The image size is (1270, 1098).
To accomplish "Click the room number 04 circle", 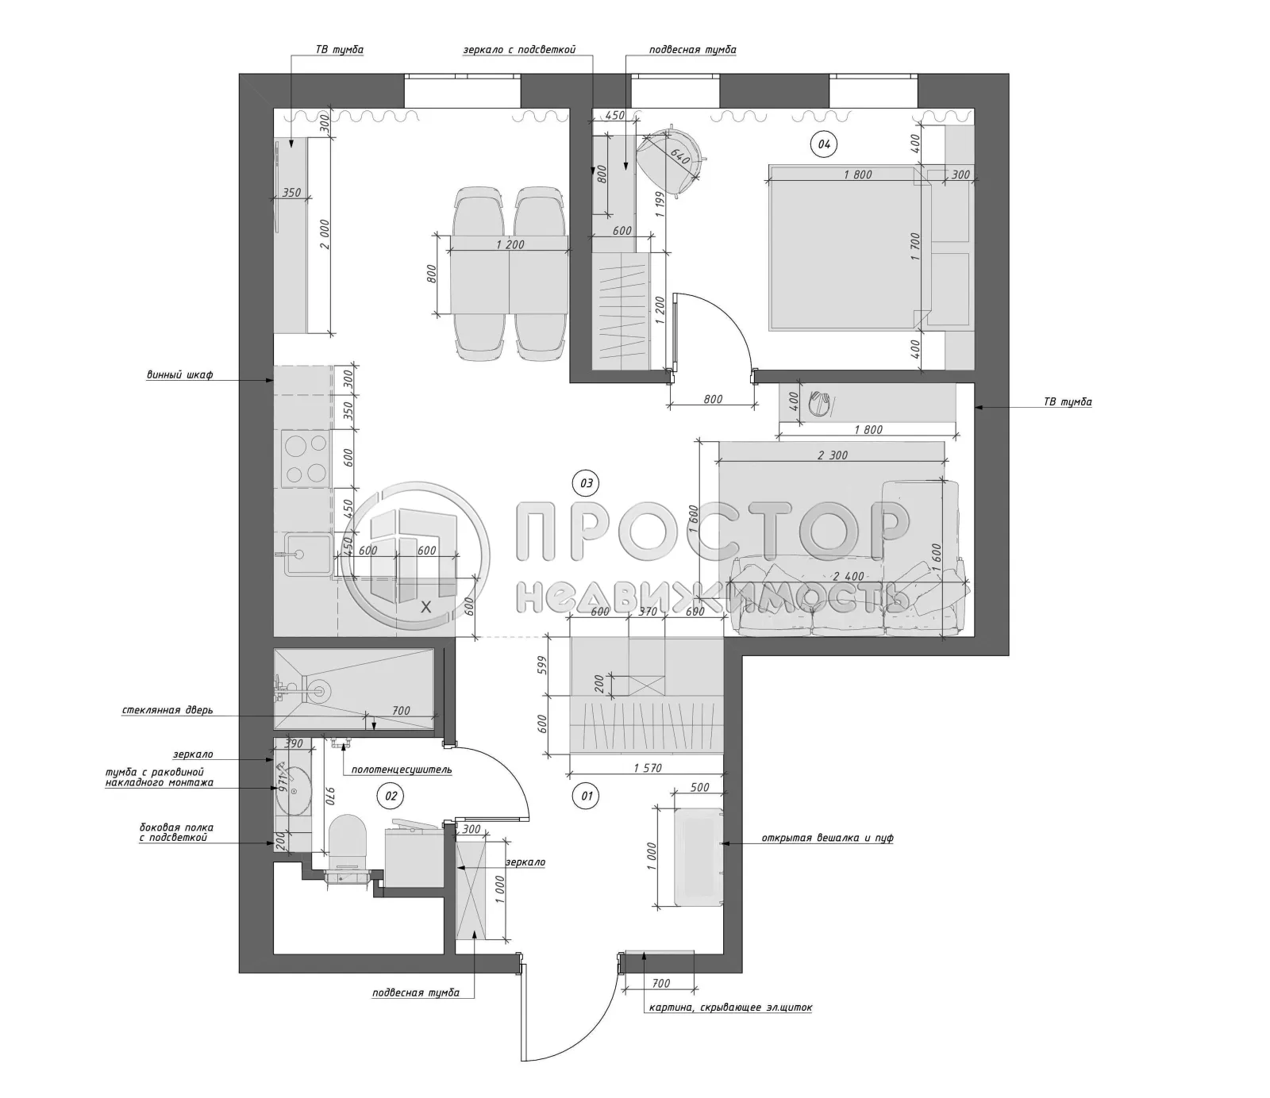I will tap(824, 144).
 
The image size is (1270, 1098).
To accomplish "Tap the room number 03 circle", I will tap(586, 482).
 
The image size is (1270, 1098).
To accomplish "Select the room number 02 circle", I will tap(390, 795).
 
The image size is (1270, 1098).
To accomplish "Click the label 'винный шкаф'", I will tap(179, 375).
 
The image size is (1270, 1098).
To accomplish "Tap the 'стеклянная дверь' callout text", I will tap(167, 711).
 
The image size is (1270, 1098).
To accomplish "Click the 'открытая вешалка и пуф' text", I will tap(827, 838).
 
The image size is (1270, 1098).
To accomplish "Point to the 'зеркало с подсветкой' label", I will tap(519, 50).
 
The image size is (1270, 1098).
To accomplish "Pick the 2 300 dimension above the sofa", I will tap(832, 455).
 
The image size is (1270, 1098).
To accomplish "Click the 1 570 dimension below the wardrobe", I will tap(648, 768).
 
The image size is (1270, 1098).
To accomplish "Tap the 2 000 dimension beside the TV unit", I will tap(323, 236).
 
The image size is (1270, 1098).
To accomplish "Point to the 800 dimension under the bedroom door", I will tap(713, 399).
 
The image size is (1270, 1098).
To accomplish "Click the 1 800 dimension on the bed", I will tap(858, 175).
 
